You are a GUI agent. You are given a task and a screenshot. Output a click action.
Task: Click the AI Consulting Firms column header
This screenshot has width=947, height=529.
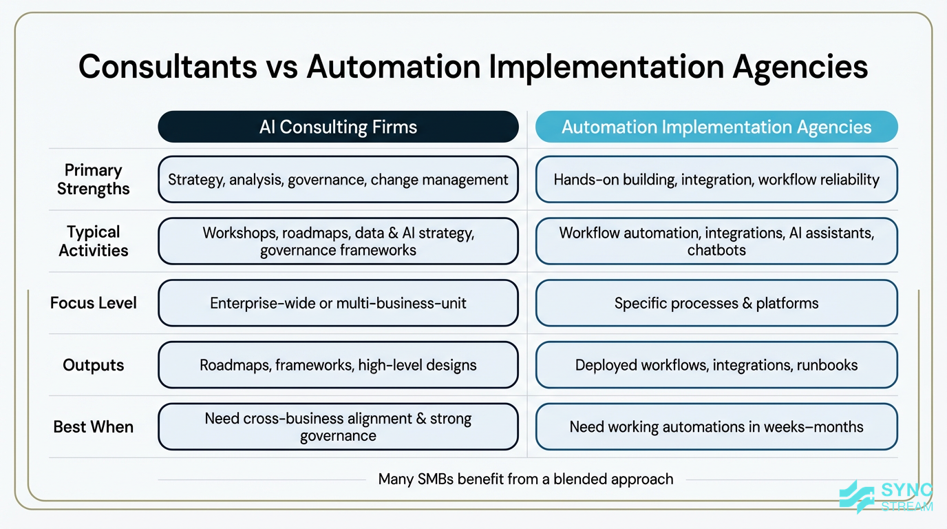coord(338,127)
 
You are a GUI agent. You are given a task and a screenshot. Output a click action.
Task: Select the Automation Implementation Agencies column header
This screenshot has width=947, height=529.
coord(716,127)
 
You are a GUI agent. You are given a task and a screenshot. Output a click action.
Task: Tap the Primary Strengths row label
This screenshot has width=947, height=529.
coord(93,179)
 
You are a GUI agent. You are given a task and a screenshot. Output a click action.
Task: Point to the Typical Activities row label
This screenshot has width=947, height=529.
coord(93,241)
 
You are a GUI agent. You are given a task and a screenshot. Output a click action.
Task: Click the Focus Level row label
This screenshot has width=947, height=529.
coord(93,303)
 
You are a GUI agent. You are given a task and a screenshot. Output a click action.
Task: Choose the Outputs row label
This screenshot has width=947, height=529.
coord(93,365)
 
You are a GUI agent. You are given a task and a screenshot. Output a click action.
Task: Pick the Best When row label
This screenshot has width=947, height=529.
coord(93,427)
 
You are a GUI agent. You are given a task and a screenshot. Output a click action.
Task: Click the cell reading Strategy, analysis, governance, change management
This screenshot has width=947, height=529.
coord(338,180)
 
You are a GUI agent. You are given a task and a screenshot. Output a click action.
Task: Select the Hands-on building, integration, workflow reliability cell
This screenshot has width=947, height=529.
coord(716,180)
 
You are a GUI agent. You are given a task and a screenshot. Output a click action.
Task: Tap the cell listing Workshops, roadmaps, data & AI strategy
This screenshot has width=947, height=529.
coord(338,241)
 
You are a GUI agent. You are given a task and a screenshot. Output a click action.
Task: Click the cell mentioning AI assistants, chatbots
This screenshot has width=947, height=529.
coord(716,241)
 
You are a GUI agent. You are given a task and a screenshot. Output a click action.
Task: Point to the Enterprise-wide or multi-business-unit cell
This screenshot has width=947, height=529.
coord(338,303)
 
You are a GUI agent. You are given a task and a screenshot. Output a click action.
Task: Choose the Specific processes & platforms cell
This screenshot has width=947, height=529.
coord(716,303)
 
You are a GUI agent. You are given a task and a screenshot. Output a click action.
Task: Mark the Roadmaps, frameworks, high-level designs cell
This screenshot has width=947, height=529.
coord(338,365)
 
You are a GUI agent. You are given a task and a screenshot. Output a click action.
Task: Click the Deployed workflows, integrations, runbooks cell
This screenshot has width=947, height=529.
coord(716,365)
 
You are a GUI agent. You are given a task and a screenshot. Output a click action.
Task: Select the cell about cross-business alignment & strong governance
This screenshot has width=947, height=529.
coord(338,427)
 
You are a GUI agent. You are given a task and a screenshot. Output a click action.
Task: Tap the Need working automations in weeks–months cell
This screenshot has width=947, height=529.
coord(716,427)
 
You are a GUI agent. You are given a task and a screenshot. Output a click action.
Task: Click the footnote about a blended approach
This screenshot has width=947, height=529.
coord(526,479)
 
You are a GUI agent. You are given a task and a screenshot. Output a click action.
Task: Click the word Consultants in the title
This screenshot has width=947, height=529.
coord(165,68)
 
